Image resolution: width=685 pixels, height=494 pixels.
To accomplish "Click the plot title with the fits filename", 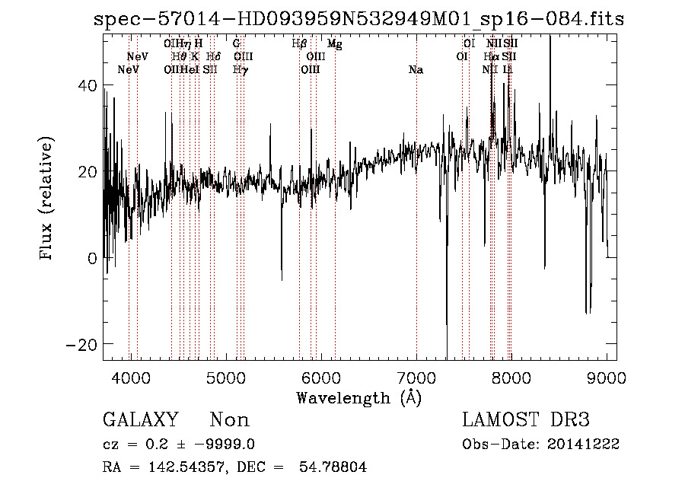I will (x=358, y=18).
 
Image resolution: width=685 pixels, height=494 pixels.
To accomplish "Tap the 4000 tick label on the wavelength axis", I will (x=130, y=377).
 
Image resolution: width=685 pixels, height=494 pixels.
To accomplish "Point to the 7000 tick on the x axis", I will (x=416, y=377).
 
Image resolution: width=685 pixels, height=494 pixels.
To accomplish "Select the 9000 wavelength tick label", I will (x=607, y=377).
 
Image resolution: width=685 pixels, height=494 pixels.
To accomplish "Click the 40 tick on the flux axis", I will (x=88, y=86).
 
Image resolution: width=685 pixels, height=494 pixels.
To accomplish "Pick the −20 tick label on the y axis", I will (x=84, y=344).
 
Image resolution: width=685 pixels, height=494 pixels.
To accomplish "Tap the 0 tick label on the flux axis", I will (x=93, y=258).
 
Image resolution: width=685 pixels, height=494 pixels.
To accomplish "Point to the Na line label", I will (x=416, y=70).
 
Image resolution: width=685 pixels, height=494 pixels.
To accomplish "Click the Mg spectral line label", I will (x=334, y=44).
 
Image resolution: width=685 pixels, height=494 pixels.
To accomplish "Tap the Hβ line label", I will (x=299, y=44).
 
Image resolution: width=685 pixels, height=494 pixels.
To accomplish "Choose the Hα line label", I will (x=492, y=56).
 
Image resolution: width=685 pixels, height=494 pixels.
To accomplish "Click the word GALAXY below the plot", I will (x=140, y=419).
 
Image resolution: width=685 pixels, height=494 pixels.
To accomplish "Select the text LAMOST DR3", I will (x=525, y=419).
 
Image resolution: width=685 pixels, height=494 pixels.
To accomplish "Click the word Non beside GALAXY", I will (x=229, y=419).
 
